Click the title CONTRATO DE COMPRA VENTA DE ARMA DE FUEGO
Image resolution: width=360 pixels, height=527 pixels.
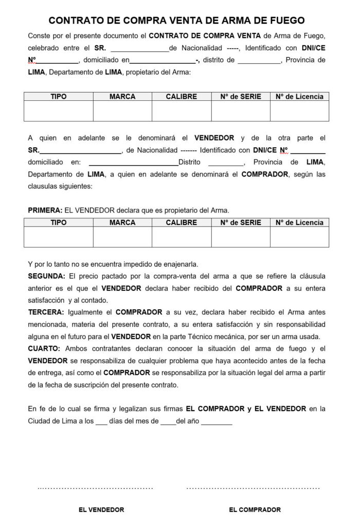176,21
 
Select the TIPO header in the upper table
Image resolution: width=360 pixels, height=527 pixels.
58,96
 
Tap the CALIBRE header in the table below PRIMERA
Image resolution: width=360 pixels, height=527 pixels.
181,222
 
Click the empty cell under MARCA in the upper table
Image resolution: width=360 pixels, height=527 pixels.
122,111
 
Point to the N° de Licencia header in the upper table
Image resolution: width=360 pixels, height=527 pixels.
299,96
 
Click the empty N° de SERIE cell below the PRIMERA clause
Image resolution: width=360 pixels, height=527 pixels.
240,237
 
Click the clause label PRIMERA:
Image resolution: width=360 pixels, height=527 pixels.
45,210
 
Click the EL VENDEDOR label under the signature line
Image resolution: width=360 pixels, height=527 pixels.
101,510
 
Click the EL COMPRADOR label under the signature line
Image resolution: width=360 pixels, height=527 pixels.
255,510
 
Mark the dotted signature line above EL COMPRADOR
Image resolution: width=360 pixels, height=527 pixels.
253,487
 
